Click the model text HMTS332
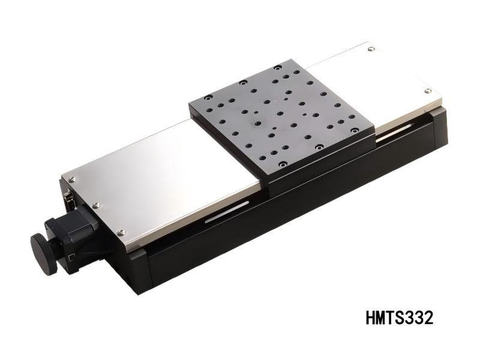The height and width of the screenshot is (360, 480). (398, 317)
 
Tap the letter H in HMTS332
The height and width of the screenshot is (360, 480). (371, 317)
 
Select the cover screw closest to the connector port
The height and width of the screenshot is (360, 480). (72, 179)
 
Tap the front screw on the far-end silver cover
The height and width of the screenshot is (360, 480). (428, 91)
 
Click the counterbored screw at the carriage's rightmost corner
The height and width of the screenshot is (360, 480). (356, 130)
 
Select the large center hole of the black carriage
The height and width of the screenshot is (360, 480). (258, 124)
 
